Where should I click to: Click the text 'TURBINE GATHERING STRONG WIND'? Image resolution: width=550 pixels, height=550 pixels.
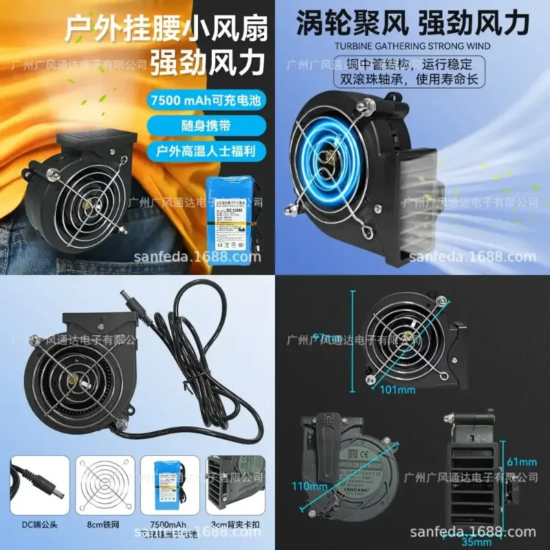412,47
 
